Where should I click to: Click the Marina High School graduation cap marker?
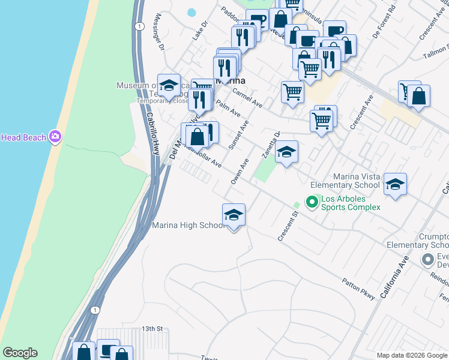(x=234, y=215)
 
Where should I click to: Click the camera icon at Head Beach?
(x=55, y=137)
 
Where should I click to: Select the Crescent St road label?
(x=288, y=226)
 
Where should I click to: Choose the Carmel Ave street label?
(x=247, y=98)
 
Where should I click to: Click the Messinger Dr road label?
(x=160, y=33)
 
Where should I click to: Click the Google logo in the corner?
(x=20, y=353)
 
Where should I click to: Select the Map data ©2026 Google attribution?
(x=412, y=355)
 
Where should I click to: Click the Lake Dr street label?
(x=199, y=31)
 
